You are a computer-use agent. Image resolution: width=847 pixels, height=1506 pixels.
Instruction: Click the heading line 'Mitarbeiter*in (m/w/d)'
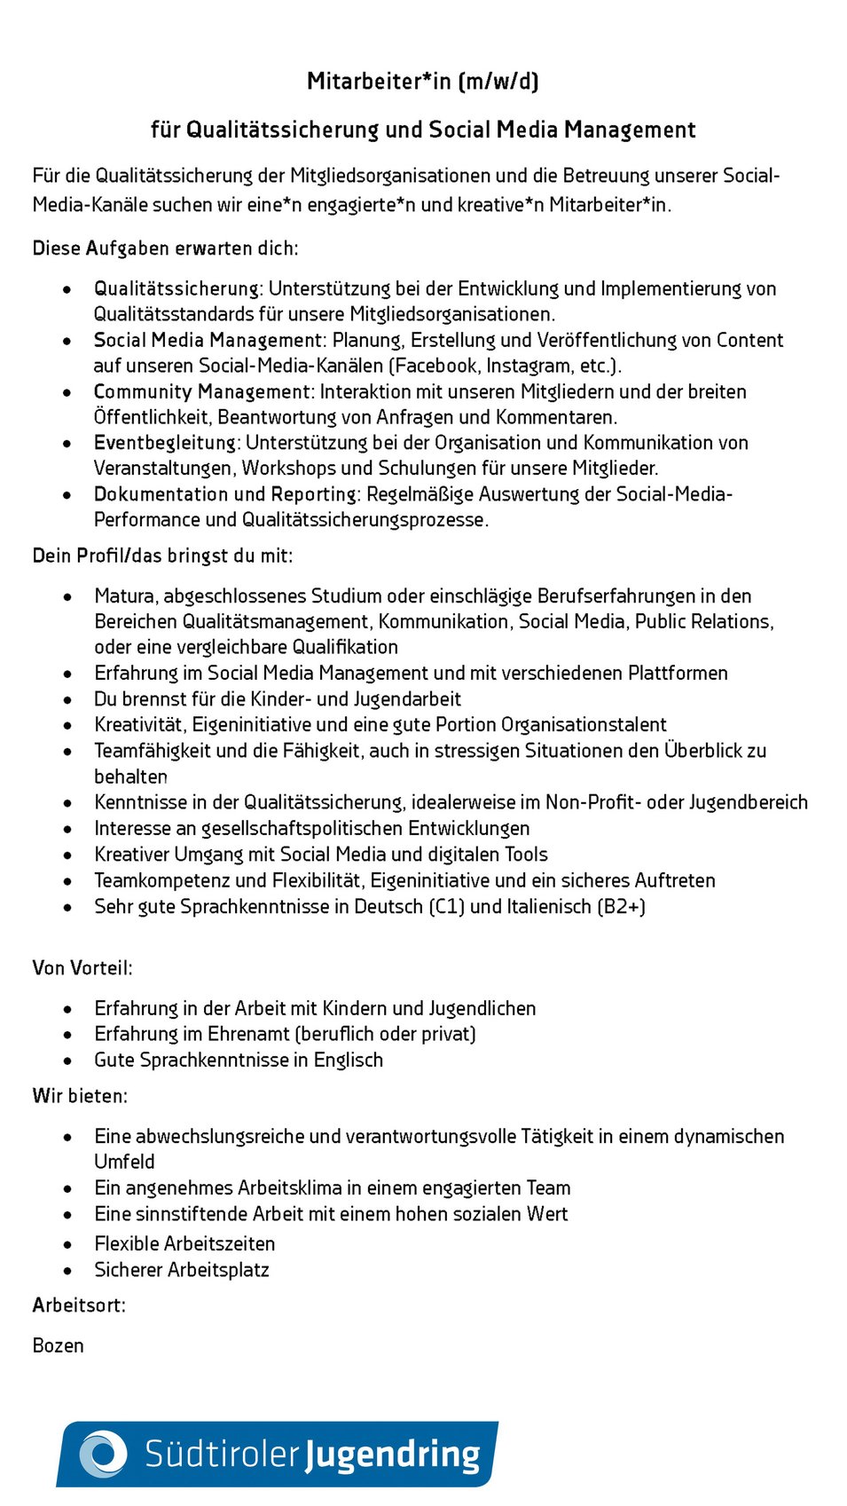423,82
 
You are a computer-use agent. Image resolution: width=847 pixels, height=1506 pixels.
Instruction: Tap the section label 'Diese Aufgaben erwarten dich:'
165,248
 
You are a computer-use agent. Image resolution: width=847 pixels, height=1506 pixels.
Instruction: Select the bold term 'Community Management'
202,392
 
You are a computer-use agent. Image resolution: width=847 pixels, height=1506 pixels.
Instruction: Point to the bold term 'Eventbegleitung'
166,443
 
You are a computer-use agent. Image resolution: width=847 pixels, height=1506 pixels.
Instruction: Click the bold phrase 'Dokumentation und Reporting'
225,494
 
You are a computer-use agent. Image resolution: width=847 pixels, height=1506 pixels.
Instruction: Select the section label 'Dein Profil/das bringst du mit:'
162,556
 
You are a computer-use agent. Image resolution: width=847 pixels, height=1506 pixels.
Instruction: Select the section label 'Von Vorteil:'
82,968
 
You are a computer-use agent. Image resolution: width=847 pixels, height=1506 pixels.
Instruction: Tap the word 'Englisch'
349,1061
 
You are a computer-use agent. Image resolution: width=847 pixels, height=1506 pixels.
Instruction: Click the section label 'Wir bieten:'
80,1097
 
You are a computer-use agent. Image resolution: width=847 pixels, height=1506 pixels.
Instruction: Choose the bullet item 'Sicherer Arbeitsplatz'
182,1271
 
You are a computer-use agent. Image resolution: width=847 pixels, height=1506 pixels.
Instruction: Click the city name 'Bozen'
59,1346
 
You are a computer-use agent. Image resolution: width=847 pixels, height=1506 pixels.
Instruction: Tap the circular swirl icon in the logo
104,1454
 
